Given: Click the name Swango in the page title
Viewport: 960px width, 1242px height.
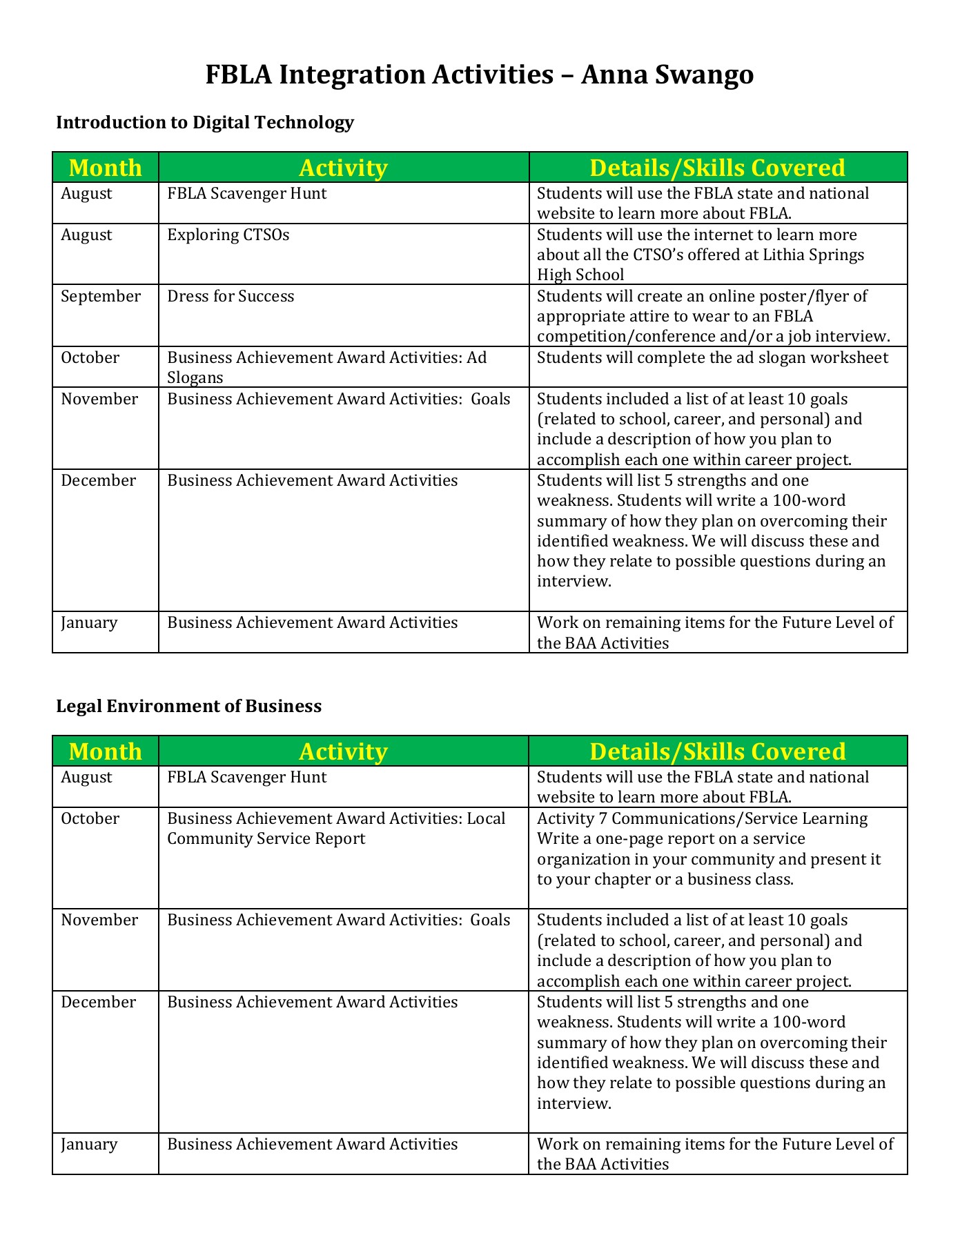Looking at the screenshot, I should (702, 75).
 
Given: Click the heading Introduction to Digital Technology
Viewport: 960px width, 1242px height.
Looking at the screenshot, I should (205, 123).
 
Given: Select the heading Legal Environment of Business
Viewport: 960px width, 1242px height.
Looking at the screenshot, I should (188, 706).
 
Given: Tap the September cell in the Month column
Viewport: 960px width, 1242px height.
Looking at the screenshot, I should (101, 297).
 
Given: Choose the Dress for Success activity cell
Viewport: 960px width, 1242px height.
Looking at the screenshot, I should (231, 297).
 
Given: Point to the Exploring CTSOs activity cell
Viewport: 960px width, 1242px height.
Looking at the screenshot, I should (228, 235).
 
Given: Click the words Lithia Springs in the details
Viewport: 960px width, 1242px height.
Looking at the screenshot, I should (813, 255).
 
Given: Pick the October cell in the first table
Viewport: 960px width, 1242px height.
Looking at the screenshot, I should (90, 358).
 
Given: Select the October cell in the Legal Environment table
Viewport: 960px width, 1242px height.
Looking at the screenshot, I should (90, 819).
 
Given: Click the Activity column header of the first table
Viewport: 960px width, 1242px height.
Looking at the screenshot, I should (343, 168).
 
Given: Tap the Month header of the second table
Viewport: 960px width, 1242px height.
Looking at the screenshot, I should (105, 751).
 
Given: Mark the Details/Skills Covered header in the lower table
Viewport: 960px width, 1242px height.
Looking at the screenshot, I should (718, 751).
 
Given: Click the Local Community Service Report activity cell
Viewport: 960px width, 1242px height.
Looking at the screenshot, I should (336, 829).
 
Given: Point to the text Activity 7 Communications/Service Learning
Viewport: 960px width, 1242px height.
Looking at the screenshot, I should (702, 819).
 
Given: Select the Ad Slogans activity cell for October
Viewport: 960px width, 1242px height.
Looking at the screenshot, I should (326, 367).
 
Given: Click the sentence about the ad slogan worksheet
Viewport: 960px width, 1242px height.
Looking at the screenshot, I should (712, 358).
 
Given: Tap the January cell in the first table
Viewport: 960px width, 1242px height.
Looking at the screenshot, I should (89, 623).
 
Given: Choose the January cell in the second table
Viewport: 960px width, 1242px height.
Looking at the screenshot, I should (89, 1145).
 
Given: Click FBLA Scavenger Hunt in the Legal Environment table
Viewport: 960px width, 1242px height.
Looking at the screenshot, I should (246, 778).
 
